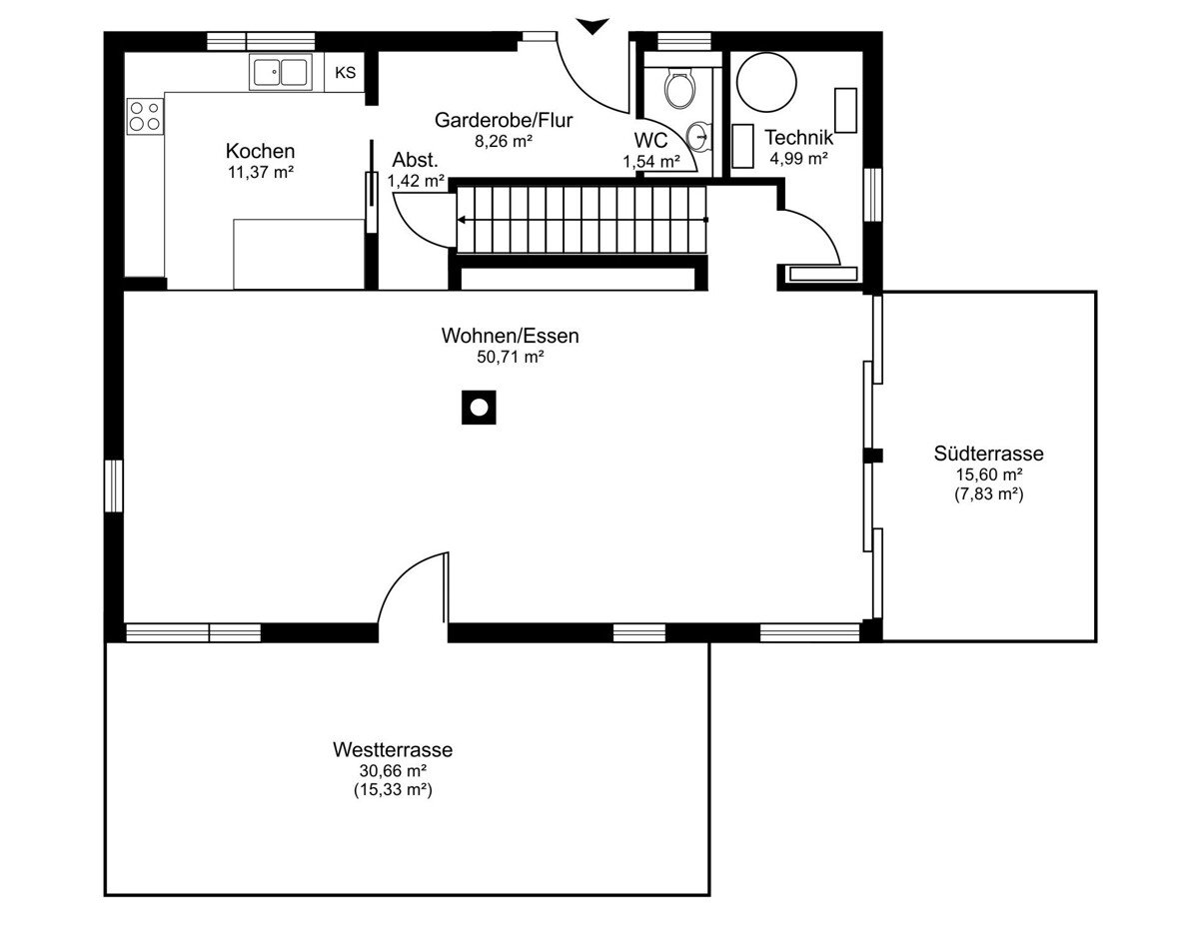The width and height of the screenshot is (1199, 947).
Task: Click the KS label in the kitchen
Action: tap(346, 73)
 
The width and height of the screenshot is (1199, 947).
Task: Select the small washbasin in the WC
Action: tap(698, 136)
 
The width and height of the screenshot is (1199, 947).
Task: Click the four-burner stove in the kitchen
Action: tap(146, 116)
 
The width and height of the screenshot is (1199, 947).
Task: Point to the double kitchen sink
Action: tap(280, 72)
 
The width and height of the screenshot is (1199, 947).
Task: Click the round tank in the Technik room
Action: tap(766, 82)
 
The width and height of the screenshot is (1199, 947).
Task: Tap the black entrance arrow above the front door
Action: tap(593, 26)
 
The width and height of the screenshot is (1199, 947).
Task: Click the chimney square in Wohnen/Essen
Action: tap(479, 408)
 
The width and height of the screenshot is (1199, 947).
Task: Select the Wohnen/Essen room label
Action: tap(510, 336)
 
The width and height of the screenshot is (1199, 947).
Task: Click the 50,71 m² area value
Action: tap(510, 357)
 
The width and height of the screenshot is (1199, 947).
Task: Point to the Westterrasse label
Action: tap(393, 750)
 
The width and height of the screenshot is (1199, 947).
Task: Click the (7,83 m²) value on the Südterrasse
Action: tap(988, 494)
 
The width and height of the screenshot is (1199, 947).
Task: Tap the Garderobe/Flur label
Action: tap(504, 120)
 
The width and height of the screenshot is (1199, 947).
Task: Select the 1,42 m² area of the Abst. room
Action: tap(416, 181)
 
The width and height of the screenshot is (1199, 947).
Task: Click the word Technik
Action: tap(798, 137)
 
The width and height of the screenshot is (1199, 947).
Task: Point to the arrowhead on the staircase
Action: tap(462, 220)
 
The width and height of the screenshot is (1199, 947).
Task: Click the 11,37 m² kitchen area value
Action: tap(260, 172)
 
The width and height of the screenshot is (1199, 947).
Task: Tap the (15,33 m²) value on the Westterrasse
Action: tap(393, 790)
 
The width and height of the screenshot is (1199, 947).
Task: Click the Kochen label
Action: tap(260, 151)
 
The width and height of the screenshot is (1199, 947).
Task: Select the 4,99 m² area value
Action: tap(798, 159)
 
